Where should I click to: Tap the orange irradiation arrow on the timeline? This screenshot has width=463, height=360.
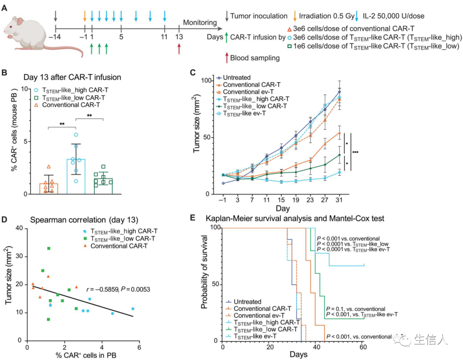pyautogui.click(x=85, y=16)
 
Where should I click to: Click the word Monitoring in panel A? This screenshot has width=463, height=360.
pyautogui.click(x=200, y=23)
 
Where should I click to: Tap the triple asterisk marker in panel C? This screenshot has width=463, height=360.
pyautogui.click(x=355, y=152)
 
